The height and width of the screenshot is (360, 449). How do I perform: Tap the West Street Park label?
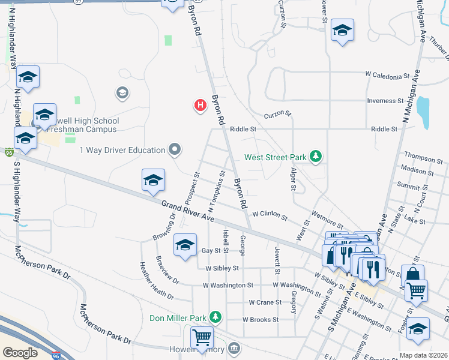[276, 158]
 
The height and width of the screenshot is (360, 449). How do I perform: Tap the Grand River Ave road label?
[188, 211]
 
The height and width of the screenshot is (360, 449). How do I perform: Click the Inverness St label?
[386, 101]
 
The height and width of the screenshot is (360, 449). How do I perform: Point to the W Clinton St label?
[270, 214]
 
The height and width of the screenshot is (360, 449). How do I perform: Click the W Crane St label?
[265, 302]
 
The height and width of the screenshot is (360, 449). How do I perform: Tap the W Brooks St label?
[261, 320]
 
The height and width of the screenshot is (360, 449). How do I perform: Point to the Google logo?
[20, 353]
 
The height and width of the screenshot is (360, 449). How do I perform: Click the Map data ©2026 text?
[423, 355]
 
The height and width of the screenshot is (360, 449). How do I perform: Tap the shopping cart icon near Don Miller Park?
[202, 337]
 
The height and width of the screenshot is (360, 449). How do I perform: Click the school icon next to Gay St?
[185, 245]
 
